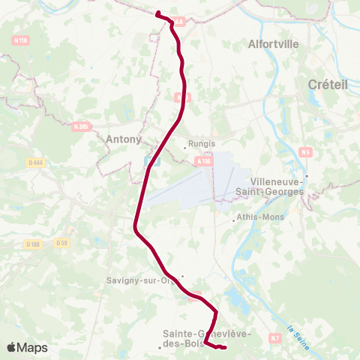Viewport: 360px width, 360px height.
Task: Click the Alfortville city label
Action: (273, 44)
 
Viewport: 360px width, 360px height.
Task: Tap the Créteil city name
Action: (328, 85)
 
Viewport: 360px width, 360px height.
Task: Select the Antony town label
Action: (124, 139)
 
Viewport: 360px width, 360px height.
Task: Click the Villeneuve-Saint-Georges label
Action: (276, 187)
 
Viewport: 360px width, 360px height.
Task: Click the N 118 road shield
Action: (21, 40)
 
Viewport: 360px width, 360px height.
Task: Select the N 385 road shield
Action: (82, 127)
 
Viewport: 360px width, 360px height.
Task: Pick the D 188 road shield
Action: (33, 244)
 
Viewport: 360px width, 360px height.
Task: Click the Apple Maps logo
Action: (27, 347)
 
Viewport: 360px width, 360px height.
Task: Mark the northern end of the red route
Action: (157, 13)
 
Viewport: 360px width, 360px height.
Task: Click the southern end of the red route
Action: (225, 346)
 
